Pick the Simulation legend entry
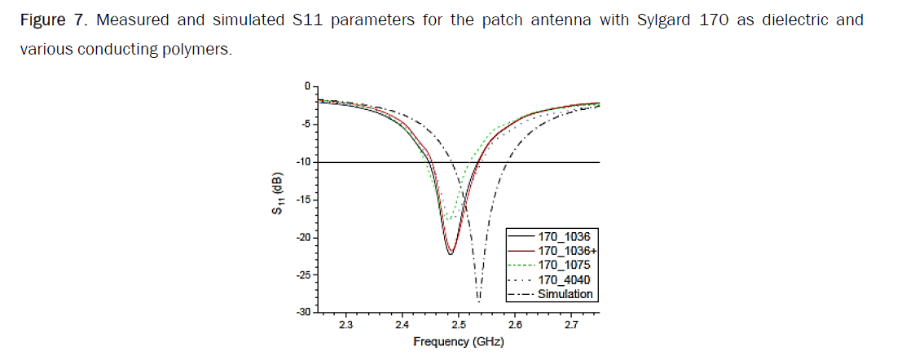[565, 294]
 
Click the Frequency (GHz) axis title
[458, 342]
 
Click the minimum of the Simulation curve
[478, 301]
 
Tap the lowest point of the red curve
[450, 253]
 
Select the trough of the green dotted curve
[446, 220]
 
